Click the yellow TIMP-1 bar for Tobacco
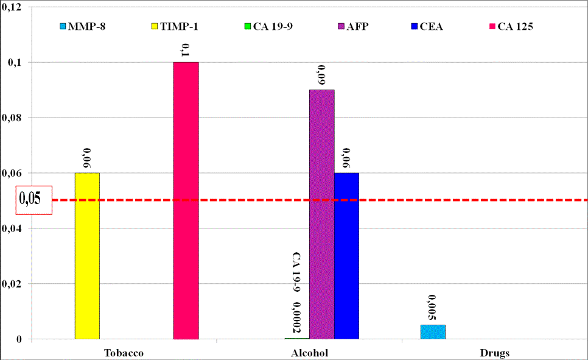(x=87, y=256)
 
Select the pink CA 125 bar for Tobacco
(x=186, y=200)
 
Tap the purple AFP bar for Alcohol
(x=321, y=214)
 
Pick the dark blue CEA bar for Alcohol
(x=346, y=256)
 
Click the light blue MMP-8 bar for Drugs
(x=433, y=332)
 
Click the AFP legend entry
(x=355, y=26)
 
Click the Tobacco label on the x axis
(x=124, y=353)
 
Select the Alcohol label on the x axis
(x=309, y=353)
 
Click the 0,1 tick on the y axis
(x=13, y=62)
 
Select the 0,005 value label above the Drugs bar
(x=433, y=308)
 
